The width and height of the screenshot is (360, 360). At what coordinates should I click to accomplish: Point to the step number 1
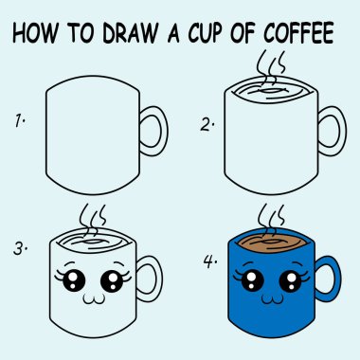tap(18, 120)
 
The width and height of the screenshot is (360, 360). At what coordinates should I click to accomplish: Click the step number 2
tap(204, 123)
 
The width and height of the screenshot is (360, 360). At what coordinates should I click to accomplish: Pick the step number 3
tap(20, 248)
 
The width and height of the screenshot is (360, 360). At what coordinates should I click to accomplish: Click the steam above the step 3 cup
tap(92, 212)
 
